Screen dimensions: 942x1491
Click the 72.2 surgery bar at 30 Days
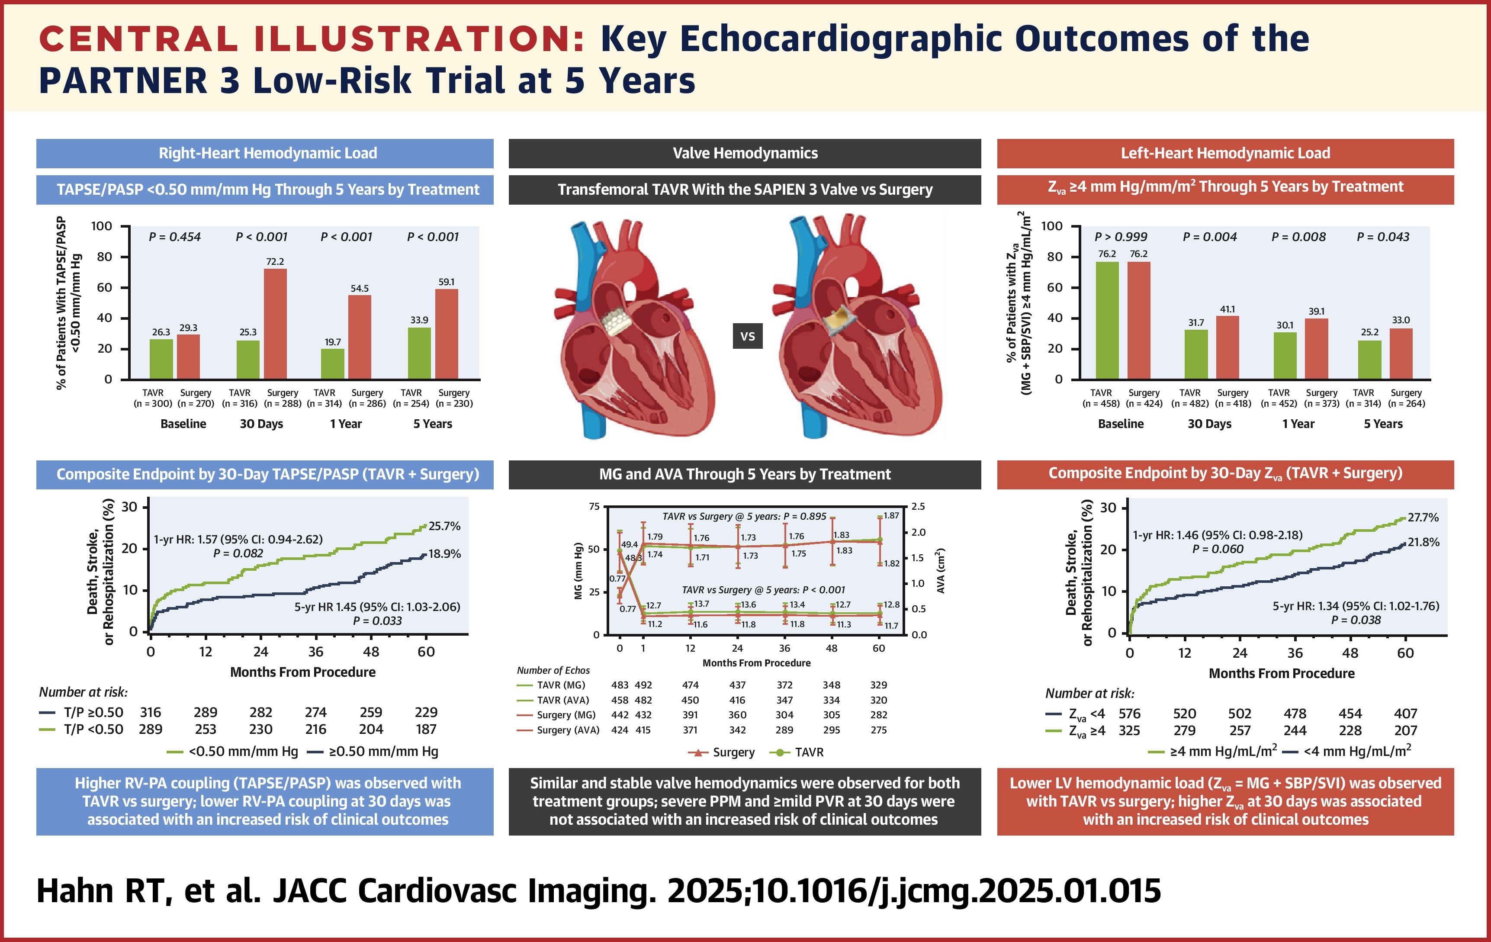pyautogui.click(x=275, y=323)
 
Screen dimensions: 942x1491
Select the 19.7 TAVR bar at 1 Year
pyautogui.click(x=332, y=363)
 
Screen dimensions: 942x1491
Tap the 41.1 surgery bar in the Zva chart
pyautogui.click(x=1227, y=347)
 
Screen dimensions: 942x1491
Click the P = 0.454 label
pyautogui.click(x=175, y=237)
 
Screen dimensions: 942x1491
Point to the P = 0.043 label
pyautogui.click(x=1383, y=237)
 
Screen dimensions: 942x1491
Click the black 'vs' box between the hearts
pyautogui.click(x=747, y=336)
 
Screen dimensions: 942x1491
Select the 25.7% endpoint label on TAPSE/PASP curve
pyautogui.click(x=445, y=526)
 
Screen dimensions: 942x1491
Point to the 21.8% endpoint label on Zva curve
pyautogui.click(x=1424, y=542)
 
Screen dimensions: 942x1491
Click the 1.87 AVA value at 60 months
pyautogui.click(x=891, y=515)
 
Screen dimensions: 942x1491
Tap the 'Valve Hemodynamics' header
pyautogui.click(x=745, y=153)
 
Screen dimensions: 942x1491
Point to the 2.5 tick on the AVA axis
pyautogui.click(x=918, y=507)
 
